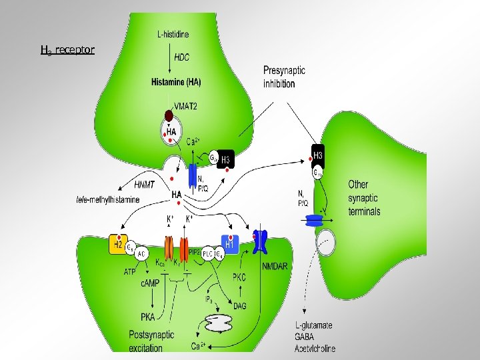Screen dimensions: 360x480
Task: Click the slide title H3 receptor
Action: pyautogui.click(x=67, y=50)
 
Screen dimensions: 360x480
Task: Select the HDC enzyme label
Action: pyautogui.click(x=181, y=58)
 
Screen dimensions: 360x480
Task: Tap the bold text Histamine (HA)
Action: pyautogui.click(x=177, y=83)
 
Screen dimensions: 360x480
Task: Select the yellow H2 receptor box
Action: pyautogui.click(x=117, y=245)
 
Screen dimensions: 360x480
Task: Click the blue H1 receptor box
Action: pyautogui.click(x=229, y=244)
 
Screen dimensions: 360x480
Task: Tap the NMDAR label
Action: pyautogui.click(x=275, y=265)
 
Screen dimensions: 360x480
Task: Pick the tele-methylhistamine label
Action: pyautogui.click(x=108, y=199)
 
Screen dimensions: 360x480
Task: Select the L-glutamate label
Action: pyautogui.click(x=314, y=326)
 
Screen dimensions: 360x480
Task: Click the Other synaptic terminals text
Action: pyautogui.click(x=364, y=197)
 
